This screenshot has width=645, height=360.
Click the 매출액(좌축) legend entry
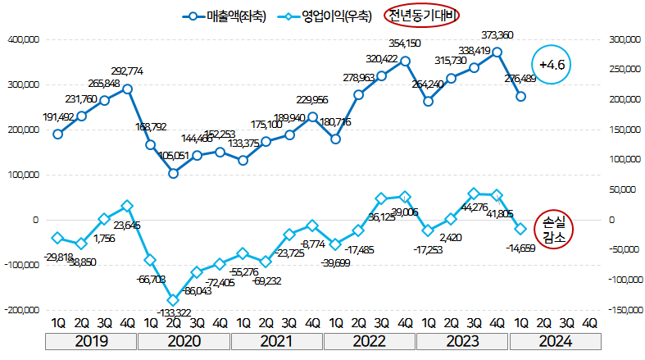226,15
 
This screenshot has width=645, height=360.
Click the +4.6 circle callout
552,64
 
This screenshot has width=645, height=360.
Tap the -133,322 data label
173,312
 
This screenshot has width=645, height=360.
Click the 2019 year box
92,341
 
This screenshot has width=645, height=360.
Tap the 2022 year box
369,341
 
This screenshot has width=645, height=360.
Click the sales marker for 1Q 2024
520,97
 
